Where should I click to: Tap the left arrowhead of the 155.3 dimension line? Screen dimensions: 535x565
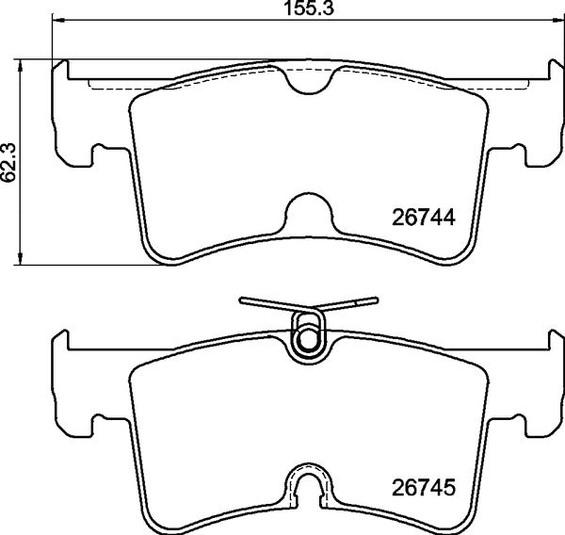pyautogui.click(x=56, y=22)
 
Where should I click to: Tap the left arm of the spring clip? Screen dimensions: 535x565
pyautogui.click(x=264, y=303)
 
